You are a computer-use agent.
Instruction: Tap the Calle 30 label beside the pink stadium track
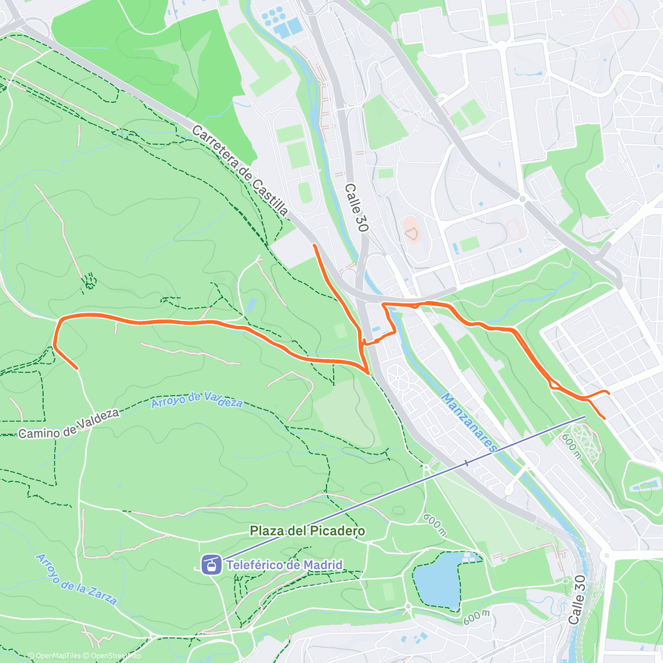(356, 208)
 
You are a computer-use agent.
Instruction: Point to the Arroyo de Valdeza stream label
(197, 399)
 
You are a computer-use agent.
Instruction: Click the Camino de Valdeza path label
(69, 424)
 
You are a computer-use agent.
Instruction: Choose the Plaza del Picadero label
(307, 531)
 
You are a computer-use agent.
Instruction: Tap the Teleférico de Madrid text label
(285, 565)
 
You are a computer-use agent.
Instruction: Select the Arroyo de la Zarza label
(76, 578)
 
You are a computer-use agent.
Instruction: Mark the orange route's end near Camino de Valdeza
(77, 368)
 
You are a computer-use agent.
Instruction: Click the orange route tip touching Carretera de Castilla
(314, 244)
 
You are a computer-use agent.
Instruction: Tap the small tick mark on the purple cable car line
(467, 463)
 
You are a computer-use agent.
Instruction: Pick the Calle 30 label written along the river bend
(577, 599)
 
